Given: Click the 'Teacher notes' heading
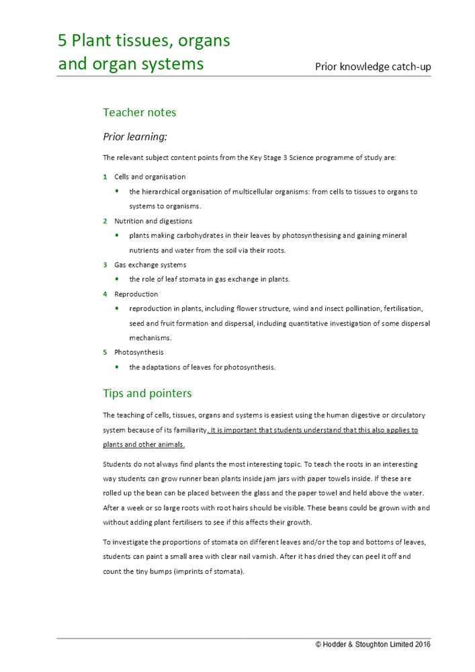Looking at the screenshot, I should click(139, 112).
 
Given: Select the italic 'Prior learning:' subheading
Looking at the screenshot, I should click(134, 136).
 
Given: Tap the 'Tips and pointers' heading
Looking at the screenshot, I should click(147, 393).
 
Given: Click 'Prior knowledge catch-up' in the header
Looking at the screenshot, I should click(373, 67).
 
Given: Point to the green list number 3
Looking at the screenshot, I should click(105, 265).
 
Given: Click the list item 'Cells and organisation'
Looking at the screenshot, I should click(150, 177).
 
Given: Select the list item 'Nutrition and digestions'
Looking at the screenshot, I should click(153, 221).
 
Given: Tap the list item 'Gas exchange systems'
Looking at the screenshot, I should click(150, 265).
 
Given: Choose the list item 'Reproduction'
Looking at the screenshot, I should click(136, 294).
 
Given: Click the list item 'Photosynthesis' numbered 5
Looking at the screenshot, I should click(138, 352).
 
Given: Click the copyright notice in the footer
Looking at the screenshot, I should click(373, 644).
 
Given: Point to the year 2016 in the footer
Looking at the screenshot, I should click(423, 644).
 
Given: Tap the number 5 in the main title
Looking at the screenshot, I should click(62, 41).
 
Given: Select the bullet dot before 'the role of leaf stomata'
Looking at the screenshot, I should click(118, 280).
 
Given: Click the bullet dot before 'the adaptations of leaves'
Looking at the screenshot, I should click(118, 367).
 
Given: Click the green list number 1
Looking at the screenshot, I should click(105, 177).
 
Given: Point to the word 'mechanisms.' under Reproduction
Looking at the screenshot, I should click(150, 337).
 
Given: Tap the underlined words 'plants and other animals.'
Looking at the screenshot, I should click(144, 445).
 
